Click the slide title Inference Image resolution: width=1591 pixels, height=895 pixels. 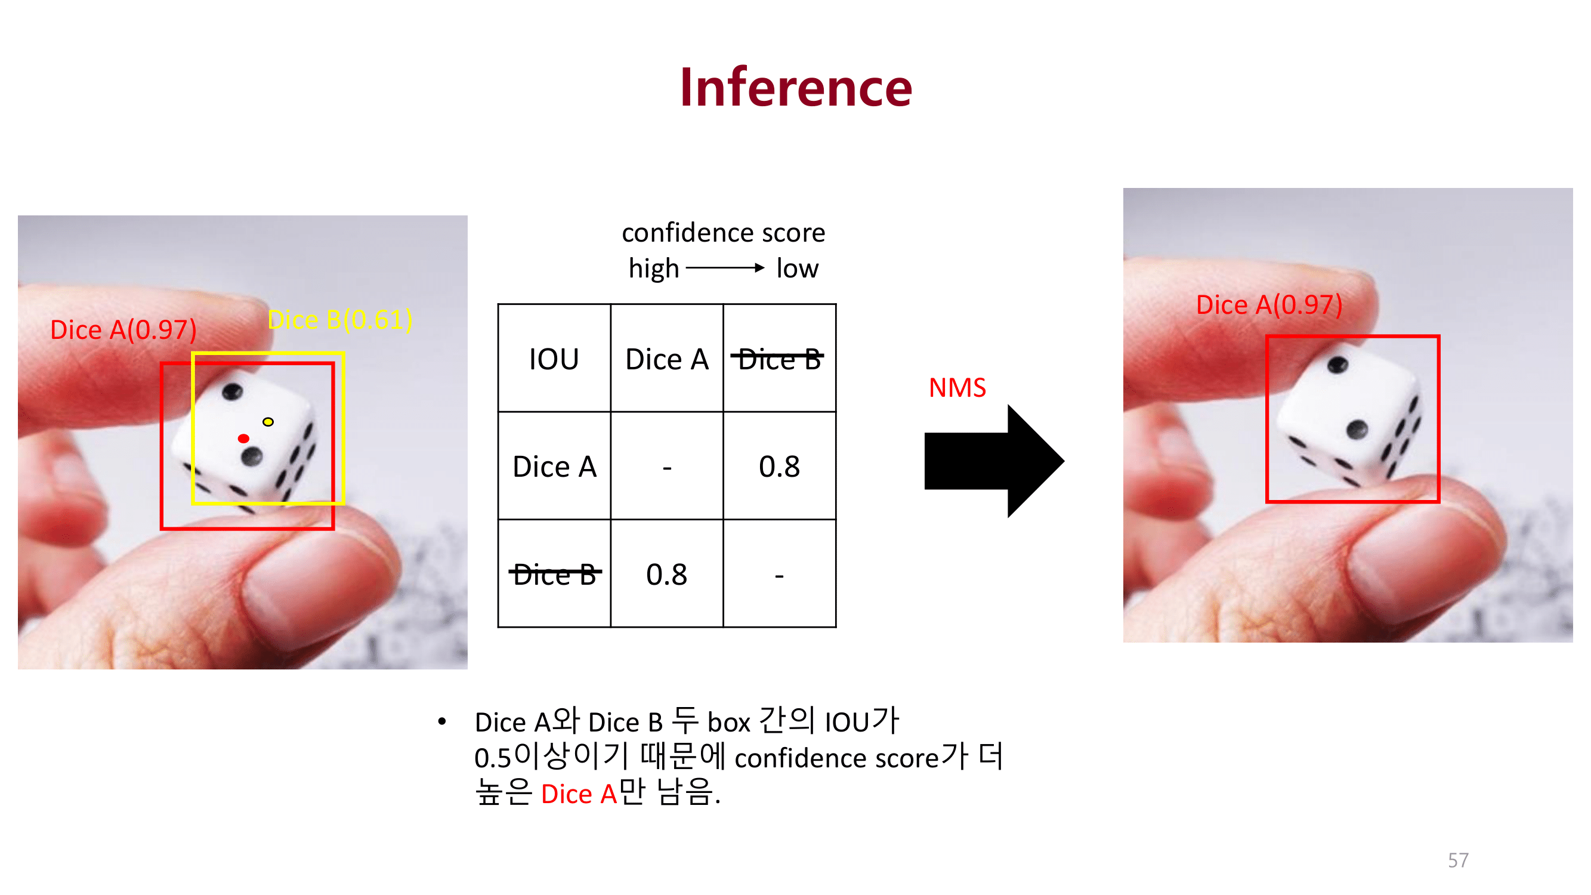point(796,88)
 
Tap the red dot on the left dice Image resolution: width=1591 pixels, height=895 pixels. point(243,439)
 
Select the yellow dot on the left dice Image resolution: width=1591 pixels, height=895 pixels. point(268,422)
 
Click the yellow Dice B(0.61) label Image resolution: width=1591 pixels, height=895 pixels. point(339,320)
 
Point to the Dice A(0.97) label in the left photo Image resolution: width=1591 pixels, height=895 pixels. point(123,330)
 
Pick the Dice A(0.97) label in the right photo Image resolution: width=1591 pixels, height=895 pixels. point(1269,305)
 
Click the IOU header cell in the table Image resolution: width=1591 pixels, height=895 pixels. point(554,359)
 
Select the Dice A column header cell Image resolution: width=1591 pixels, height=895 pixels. point(666,359)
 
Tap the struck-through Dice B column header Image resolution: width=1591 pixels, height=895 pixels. point(779,359)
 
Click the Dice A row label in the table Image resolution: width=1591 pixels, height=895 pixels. point(554,467)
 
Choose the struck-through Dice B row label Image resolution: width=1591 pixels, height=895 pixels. point(554,575)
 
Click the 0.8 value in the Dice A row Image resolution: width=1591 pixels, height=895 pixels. point(779,467)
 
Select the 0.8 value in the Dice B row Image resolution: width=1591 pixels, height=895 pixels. point(666,575)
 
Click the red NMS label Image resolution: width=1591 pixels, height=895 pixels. point(957,388)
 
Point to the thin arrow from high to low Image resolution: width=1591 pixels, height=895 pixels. point(724,268)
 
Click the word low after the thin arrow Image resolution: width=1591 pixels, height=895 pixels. point(797,268)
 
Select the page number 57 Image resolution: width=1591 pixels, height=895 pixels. point(1457,860)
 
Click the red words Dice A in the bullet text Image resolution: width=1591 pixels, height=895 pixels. point(579,794)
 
